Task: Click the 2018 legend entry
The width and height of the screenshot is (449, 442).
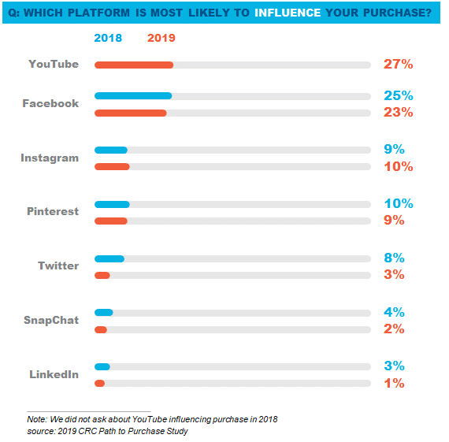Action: click(108, 38)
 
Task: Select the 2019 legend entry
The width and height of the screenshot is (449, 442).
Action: click(161, 38)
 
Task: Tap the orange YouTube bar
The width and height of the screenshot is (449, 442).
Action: click(134, 65)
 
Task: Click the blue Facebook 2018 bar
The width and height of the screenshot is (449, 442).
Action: click(133, 95)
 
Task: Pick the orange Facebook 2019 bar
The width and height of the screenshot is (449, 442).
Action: click(131, 113)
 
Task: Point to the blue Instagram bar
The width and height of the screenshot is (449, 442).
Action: click(111, 150)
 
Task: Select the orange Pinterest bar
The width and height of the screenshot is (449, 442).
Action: click(111, 221)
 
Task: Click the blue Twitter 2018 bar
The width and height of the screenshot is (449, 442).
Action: click(109, 258)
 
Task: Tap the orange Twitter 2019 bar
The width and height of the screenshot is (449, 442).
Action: click(102, 275)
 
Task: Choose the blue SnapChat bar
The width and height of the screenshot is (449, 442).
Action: click(104, 313)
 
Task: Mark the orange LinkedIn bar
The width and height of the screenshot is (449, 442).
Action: click(100, 383)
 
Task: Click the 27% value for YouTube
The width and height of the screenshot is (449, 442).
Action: click(399, 64)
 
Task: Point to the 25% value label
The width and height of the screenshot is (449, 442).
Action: click(399, 95)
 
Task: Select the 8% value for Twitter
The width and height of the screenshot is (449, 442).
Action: click(394, 258)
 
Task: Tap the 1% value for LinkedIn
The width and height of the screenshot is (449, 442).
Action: click(394, 383)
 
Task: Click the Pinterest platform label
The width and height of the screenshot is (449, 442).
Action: click(53, 211)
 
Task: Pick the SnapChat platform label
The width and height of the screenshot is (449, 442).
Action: click(51, 320)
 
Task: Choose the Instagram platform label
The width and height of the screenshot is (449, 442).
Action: click(50, 158)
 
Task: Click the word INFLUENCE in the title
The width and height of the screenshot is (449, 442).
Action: click(288, 13)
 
